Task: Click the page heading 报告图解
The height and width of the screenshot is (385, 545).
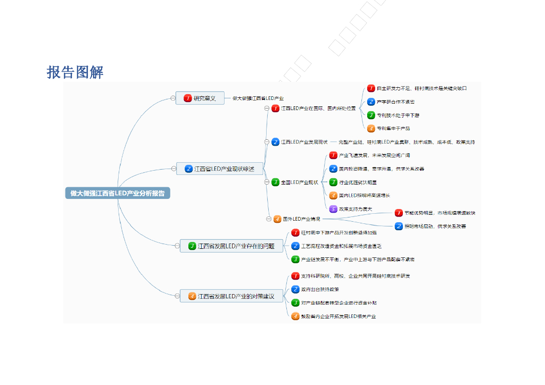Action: coord(75,72)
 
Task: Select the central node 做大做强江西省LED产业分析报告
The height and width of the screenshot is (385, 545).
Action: coord(118,193)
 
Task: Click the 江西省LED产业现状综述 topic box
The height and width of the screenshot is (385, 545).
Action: coord(219,169)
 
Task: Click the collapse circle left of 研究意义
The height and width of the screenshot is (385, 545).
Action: coord(172,98)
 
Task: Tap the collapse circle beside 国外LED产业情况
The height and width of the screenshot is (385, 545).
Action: coord(269,219)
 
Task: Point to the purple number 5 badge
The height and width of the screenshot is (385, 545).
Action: coord(333,209)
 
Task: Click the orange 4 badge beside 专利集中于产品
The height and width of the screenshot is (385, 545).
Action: coord(371,128)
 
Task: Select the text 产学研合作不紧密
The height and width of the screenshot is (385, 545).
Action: coord(395,102)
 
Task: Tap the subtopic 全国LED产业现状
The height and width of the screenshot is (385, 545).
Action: coord(300,182)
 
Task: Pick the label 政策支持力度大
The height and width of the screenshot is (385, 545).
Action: coord(356,209)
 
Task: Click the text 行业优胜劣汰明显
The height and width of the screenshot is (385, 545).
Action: coord(358,182)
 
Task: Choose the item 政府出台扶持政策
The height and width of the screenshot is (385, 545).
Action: coord(320,289)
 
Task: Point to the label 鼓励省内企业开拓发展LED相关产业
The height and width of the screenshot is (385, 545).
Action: coord(338,316)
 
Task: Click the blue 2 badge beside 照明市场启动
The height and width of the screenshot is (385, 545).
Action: coord(399,226)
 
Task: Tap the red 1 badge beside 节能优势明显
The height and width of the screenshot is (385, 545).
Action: coord(399,213)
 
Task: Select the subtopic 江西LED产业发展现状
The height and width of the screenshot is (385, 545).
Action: coord(304,142)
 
